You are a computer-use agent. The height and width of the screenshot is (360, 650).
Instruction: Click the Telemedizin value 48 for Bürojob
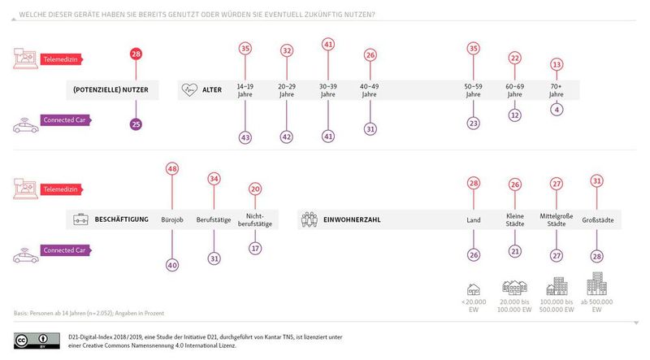pos(172,169)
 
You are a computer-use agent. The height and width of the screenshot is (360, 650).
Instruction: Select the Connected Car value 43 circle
pos(245,139)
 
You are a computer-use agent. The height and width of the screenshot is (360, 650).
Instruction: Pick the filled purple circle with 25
pos(136,124)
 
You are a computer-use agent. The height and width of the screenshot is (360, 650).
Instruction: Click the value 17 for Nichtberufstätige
pos(256,249)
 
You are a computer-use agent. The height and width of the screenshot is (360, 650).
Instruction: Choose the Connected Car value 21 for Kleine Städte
pos(514,252)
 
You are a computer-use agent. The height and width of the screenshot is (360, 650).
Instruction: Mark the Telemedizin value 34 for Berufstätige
pos(214,179)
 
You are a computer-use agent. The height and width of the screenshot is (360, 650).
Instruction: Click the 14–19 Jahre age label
pos(245,90)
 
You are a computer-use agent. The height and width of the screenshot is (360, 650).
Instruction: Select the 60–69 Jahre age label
pos(514,90)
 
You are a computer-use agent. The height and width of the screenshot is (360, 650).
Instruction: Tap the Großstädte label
pos(597,219)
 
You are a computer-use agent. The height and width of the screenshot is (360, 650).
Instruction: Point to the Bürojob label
pos(172,219)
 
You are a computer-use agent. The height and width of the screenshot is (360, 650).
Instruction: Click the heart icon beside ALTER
pos(191,90)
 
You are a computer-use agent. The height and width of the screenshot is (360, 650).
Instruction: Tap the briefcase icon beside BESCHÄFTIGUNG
pos(81,219)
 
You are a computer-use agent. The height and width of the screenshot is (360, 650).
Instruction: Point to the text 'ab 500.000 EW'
pos(597,306)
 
